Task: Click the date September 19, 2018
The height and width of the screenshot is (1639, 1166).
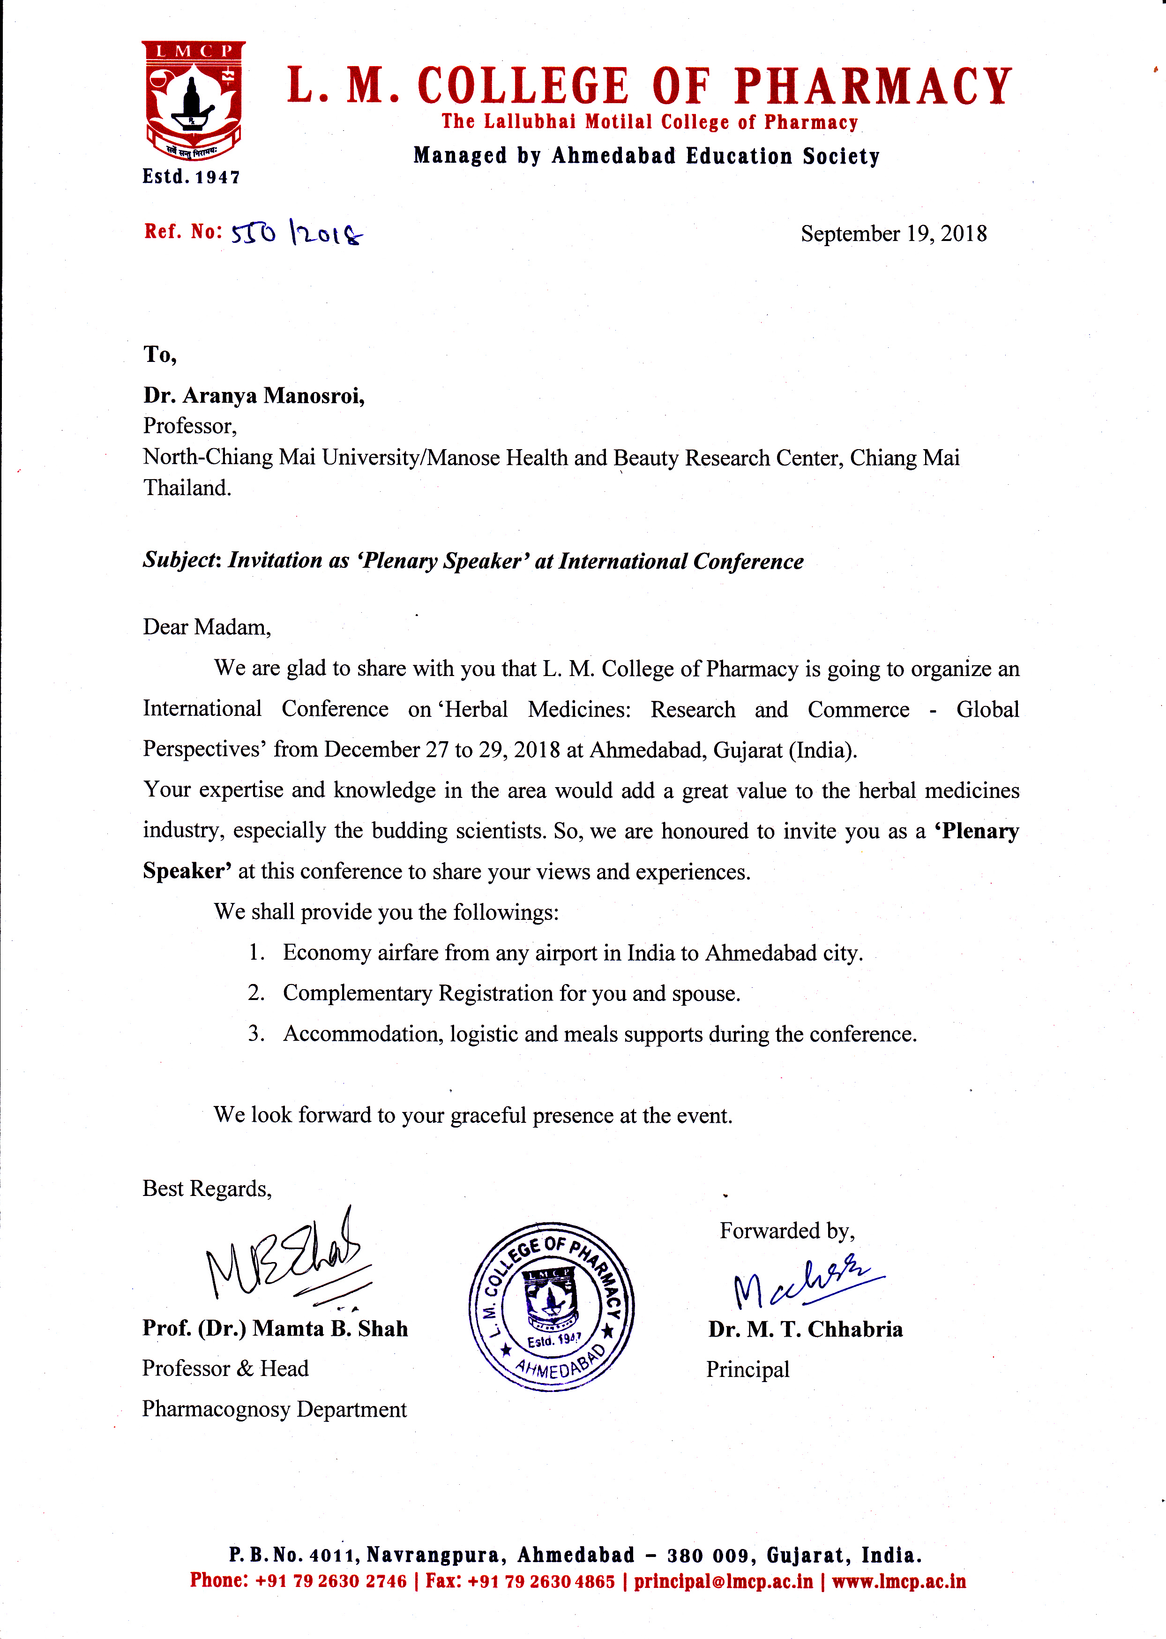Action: coord(893,233)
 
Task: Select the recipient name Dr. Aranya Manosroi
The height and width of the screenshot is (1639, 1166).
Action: coord(254,395)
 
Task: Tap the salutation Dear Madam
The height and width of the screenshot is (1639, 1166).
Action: coord(207,627)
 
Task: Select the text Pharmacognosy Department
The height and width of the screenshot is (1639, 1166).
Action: coord(274,1409)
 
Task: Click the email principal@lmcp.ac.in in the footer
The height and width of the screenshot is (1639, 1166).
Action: coord(723,1581)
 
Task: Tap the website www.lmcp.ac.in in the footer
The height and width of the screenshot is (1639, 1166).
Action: coord(898,1581)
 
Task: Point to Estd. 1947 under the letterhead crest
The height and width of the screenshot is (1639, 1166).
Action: coord(191,177)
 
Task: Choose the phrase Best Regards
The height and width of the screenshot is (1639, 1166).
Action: coord(207,1188)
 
